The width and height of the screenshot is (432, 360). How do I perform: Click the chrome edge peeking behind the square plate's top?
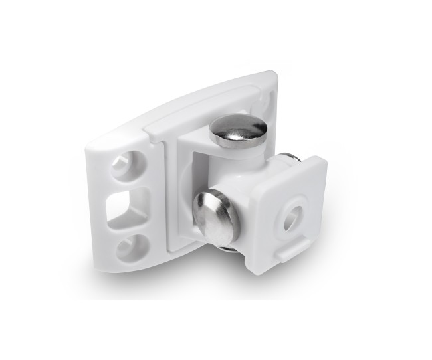pyautogui.click(x=290, y=159)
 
